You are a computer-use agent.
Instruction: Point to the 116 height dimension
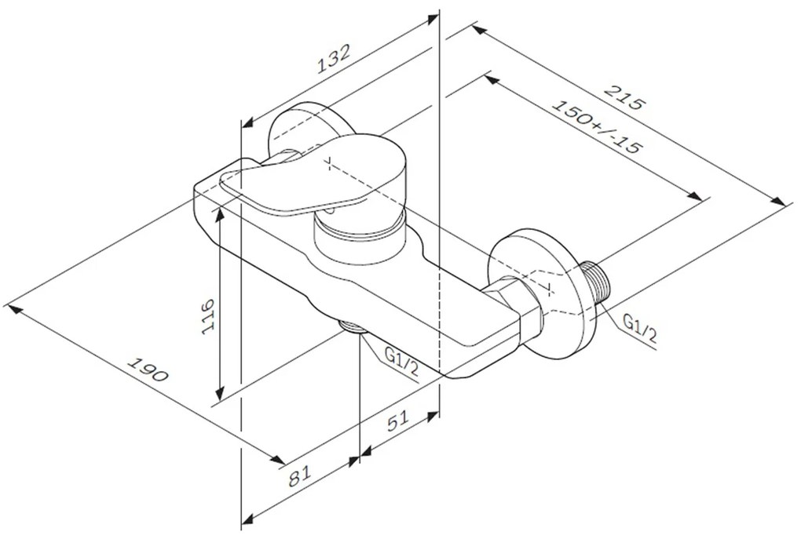point(207,315)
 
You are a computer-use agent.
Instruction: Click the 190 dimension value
point(148,370)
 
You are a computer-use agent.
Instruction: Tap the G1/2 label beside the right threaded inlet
point(640,329)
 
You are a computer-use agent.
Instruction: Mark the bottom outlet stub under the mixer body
point(353,327)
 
